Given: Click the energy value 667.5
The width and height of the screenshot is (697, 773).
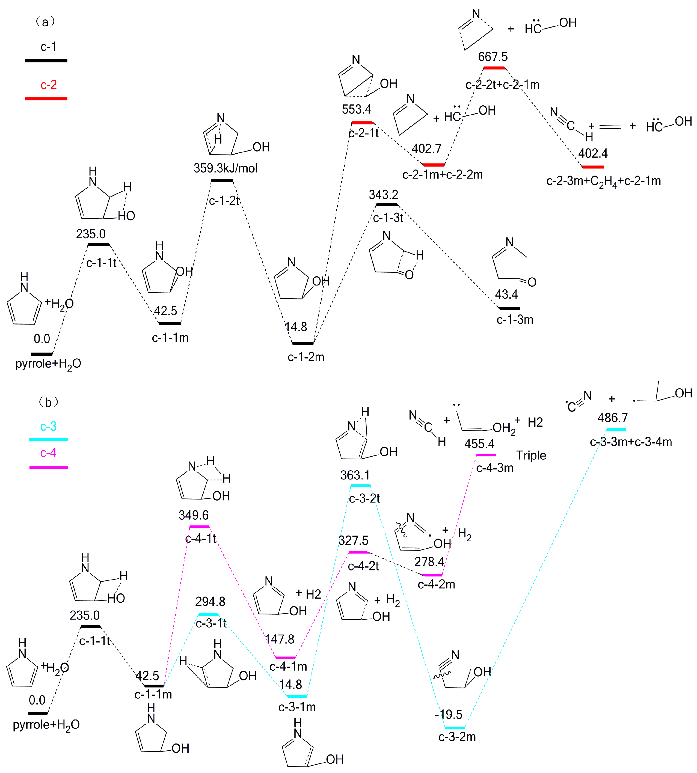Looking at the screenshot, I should [493, 57].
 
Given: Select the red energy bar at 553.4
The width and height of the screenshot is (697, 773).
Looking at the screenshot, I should [362, 123].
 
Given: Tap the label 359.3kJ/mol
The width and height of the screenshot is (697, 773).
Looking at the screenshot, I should [225, 168].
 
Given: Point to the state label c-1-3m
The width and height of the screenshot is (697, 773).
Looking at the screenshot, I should [515, 319].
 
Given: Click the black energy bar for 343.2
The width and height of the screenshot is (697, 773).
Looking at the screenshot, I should [387, 205].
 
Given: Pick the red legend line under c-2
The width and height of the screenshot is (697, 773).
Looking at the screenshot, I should [46, 99].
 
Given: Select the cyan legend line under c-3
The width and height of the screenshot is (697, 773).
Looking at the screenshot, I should [49, 439].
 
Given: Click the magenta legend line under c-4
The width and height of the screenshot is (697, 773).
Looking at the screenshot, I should [49, 468].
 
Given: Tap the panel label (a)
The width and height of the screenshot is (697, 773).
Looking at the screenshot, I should [45, 22].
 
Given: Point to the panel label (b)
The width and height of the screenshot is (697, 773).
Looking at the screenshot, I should [48, 402].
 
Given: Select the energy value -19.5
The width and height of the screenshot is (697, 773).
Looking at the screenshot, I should [449, 714].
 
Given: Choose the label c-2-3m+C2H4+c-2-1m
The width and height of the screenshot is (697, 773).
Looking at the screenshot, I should [604, 181].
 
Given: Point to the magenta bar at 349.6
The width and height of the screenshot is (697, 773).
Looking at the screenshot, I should [200, 527].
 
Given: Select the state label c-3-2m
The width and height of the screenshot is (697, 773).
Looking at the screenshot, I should [457, 737].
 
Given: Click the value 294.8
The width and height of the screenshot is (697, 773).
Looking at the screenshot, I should [210, 602].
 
